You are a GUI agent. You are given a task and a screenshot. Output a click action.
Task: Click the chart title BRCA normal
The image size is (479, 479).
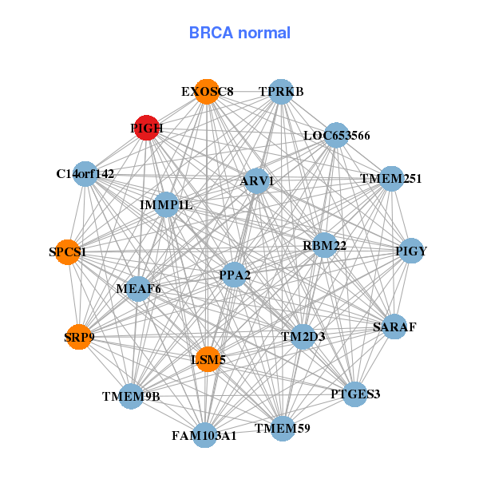pyautogui.click(x=239, y=33)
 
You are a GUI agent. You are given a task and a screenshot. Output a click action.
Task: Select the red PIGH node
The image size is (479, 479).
pyautogui.click(x=145, y=128)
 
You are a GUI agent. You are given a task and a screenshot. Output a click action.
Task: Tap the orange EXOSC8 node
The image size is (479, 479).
pyautogui.click(x=207, y=91)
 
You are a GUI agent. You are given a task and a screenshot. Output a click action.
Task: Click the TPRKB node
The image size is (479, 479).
pyautogui.click(x=280, y=91)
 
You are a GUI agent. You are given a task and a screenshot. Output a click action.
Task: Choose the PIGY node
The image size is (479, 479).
pyautogui.click(x=411, y=251)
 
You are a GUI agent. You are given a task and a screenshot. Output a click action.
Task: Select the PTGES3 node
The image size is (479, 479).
pyautogui.click(x=356, y=394)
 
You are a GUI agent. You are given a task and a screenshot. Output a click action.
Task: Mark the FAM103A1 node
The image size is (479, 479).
pyautogui.click(x=204, y=435)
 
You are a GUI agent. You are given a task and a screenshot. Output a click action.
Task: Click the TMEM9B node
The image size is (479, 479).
pyautogui.click(x=132, y=396)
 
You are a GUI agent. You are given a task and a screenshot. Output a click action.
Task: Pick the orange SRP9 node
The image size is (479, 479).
pyautogui.click(x=79, y=337)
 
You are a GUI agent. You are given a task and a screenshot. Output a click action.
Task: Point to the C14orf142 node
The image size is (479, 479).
pyautogui.click(x=85, y=173)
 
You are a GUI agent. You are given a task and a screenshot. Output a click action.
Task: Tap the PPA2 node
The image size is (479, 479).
pyautogui.click(x=234, y=275)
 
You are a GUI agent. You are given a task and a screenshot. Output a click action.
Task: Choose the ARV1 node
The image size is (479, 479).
pyautogui.click(x=256, y=181)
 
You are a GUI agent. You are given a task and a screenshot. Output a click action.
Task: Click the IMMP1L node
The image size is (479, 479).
pyautogui.click(x=166, y=204)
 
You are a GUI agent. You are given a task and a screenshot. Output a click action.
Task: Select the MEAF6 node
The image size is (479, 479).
pyautogui.click(x=138, y=288)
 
